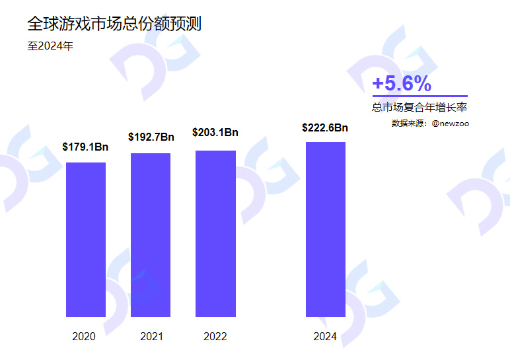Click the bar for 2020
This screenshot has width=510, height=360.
86,239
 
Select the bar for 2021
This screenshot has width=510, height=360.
151,234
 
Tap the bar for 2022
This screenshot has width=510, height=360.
215,233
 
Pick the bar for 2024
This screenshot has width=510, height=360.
325,229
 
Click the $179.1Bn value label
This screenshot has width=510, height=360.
85,147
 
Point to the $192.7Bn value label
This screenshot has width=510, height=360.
151,137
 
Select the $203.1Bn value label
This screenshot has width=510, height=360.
215,133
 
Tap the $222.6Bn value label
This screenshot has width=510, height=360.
325,128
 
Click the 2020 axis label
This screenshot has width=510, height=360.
84,337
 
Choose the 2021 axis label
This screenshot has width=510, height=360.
151,337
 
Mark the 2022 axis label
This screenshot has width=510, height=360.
215,337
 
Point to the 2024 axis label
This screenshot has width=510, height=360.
325,337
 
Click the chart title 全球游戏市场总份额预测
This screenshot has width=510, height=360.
114,24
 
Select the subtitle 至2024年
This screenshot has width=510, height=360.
50,46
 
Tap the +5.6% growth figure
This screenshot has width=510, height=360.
402,84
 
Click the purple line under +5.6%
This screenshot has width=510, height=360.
419,96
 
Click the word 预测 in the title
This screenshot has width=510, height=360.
187,24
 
